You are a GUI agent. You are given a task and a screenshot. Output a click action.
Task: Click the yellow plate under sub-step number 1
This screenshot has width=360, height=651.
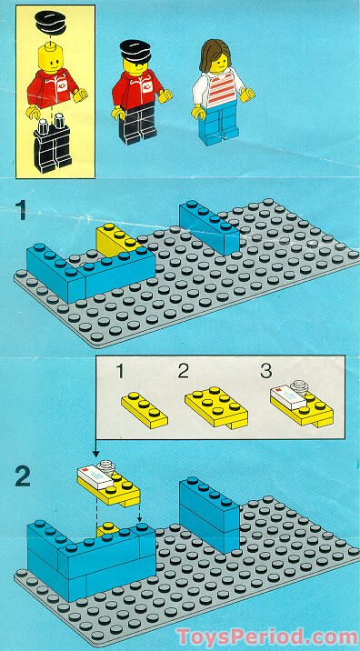138,409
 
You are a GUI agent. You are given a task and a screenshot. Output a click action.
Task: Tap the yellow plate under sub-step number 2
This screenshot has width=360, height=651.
215,405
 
